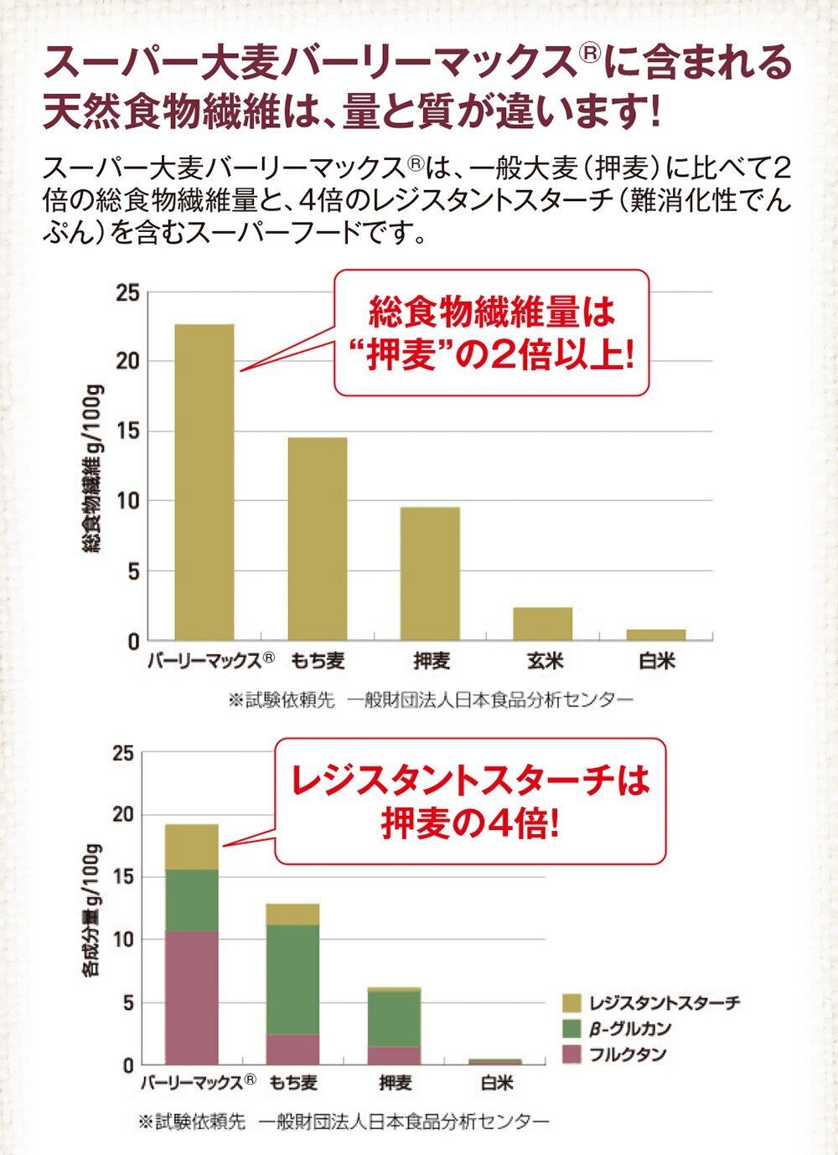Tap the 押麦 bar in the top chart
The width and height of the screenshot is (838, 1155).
[x=430, y=574]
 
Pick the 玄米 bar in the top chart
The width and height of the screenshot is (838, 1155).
[x=543, y=624]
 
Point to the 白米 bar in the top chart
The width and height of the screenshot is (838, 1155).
[x=656, y=635]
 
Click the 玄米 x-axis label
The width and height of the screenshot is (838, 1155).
[x=545, y=662]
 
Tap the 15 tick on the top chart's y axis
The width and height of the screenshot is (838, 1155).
[x=127, y=431]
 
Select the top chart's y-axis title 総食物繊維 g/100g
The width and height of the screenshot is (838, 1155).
[x=92, y=469]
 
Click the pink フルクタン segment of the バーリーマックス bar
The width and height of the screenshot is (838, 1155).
[x=191, y=997]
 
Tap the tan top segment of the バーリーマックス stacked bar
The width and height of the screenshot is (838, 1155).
[x=191, y=847]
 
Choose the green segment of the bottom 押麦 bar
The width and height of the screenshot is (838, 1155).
[x=394, y=1018]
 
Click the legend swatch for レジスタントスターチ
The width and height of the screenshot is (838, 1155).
[x=572, y=1003]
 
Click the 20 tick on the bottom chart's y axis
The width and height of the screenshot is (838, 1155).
[x=123, y=815]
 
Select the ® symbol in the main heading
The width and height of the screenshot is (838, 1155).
[x=590, y=54]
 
